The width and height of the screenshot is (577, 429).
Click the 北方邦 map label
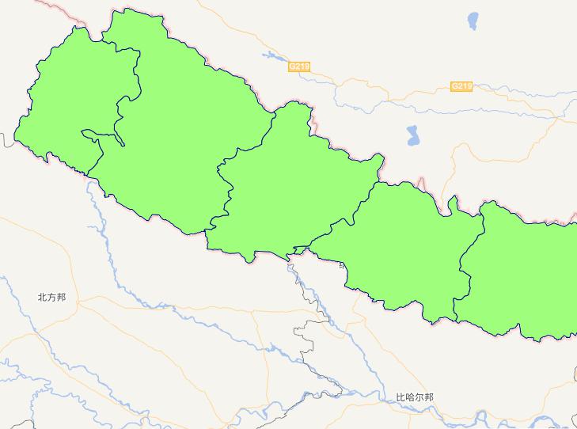tap(51, 298)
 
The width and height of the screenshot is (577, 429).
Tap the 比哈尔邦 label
tap(415, 397)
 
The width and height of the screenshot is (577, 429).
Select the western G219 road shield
tap(299, 67)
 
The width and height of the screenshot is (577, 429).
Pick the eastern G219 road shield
tap(461, 85)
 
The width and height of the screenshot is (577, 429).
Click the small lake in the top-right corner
tap(473, 19)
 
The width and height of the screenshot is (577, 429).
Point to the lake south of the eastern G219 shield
tap(413, 136)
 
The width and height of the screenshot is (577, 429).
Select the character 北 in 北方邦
tap(42, 298)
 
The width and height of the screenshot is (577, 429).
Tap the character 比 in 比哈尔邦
tap(400, 397)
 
